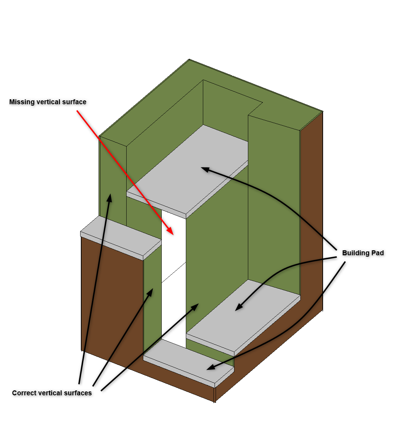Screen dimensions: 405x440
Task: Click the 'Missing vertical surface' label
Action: click(48, 102)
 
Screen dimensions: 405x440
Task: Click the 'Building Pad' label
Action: click(363, 253)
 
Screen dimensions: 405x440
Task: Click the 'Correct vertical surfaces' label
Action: click(52, 393)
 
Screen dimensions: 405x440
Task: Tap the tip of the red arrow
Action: click(173, 235)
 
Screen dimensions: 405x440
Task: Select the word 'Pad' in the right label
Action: click(377, 253)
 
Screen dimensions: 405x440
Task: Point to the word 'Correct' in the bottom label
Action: click(24, 393)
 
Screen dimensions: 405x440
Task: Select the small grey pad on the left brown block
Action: click(121, 237)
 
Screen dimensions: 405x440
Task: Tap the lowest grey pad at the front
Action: click(189, 362)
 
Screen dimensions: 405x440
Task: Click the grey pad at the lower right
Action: click(244, 316)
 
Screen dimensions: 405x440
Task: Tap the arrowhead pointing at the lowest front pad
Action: click(211, 367)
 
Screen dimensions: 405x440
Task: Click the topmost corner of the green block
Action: click(189, 59)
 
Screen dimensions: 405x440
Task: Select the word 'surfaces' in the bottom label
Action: click(78, 393)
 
